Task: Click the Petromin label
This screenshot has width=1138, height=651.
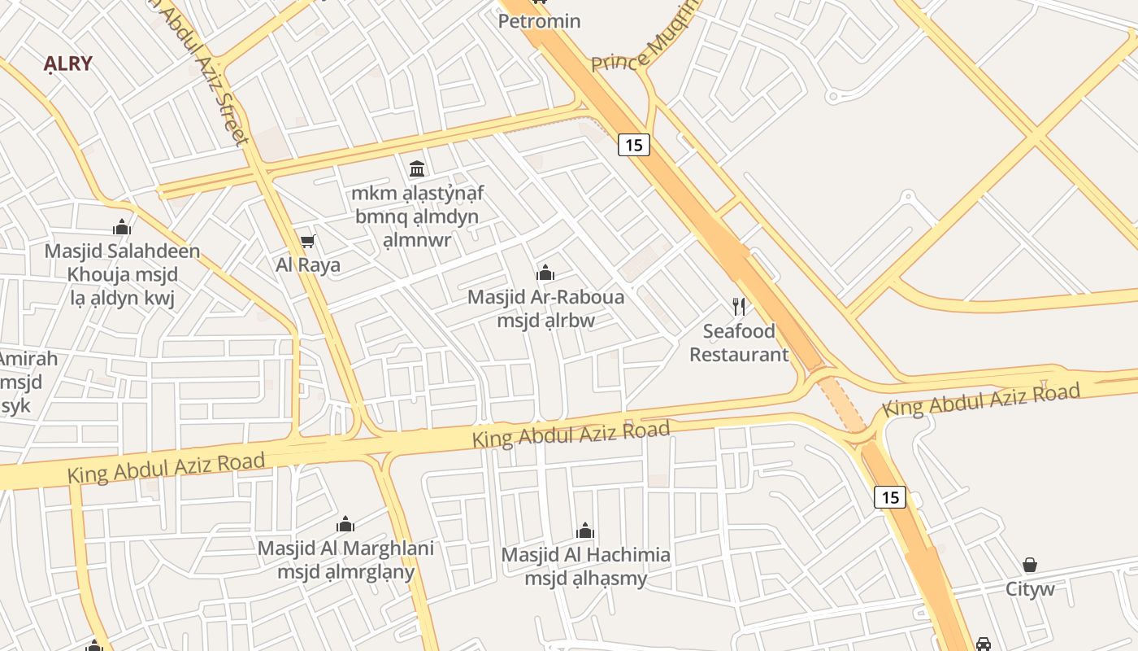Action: coord(539,21)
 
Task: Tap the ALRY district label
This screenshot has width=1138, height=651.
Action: coord(68,63)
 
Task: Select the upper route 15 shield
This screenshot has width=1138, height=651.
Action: coord(634,145)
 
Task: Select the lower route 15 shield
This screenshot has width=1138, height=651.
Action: coord(890,496)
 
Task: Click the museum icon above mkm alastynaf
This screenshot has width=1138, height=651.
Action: coord(417,168)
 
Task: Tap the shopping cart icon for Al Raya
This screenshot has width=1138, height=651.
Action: coord(307,241)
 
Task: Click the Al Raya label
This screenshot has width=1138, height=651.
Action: coord(307,264)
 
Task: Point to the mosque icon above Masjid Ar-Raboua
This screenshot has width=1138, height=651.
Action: coord(545,273)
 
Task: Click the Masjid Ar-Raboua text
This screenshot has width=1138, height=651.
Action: coord(545,297)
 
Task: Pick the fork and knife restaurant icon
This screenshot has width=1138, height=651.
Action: coord(738,307)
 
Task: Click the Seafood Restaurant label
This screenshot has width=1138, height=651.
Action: coord(739,343)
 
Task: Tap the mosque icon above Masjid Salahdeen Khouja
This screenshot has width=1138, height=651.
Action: coord(122,227)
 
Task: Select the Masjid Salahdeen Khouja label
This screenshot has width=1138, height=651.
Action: coord(122,251)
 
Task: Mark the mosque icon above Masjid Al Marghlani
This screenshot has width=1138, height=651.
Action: coord(345,524)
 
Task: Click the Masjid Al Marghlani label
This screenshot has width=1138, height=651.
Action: coord(345,548)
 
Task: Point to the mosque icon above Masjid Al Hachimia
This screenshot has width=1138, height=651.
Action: coord(585,531)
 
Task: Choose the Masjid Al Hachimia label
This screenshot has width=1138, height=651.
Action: coord(585,555)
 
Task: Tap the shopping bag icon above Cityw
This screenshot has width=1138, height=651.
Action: coord(1030,565)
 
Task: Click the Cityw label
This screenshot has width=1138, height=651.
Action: coord(1030,588)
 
